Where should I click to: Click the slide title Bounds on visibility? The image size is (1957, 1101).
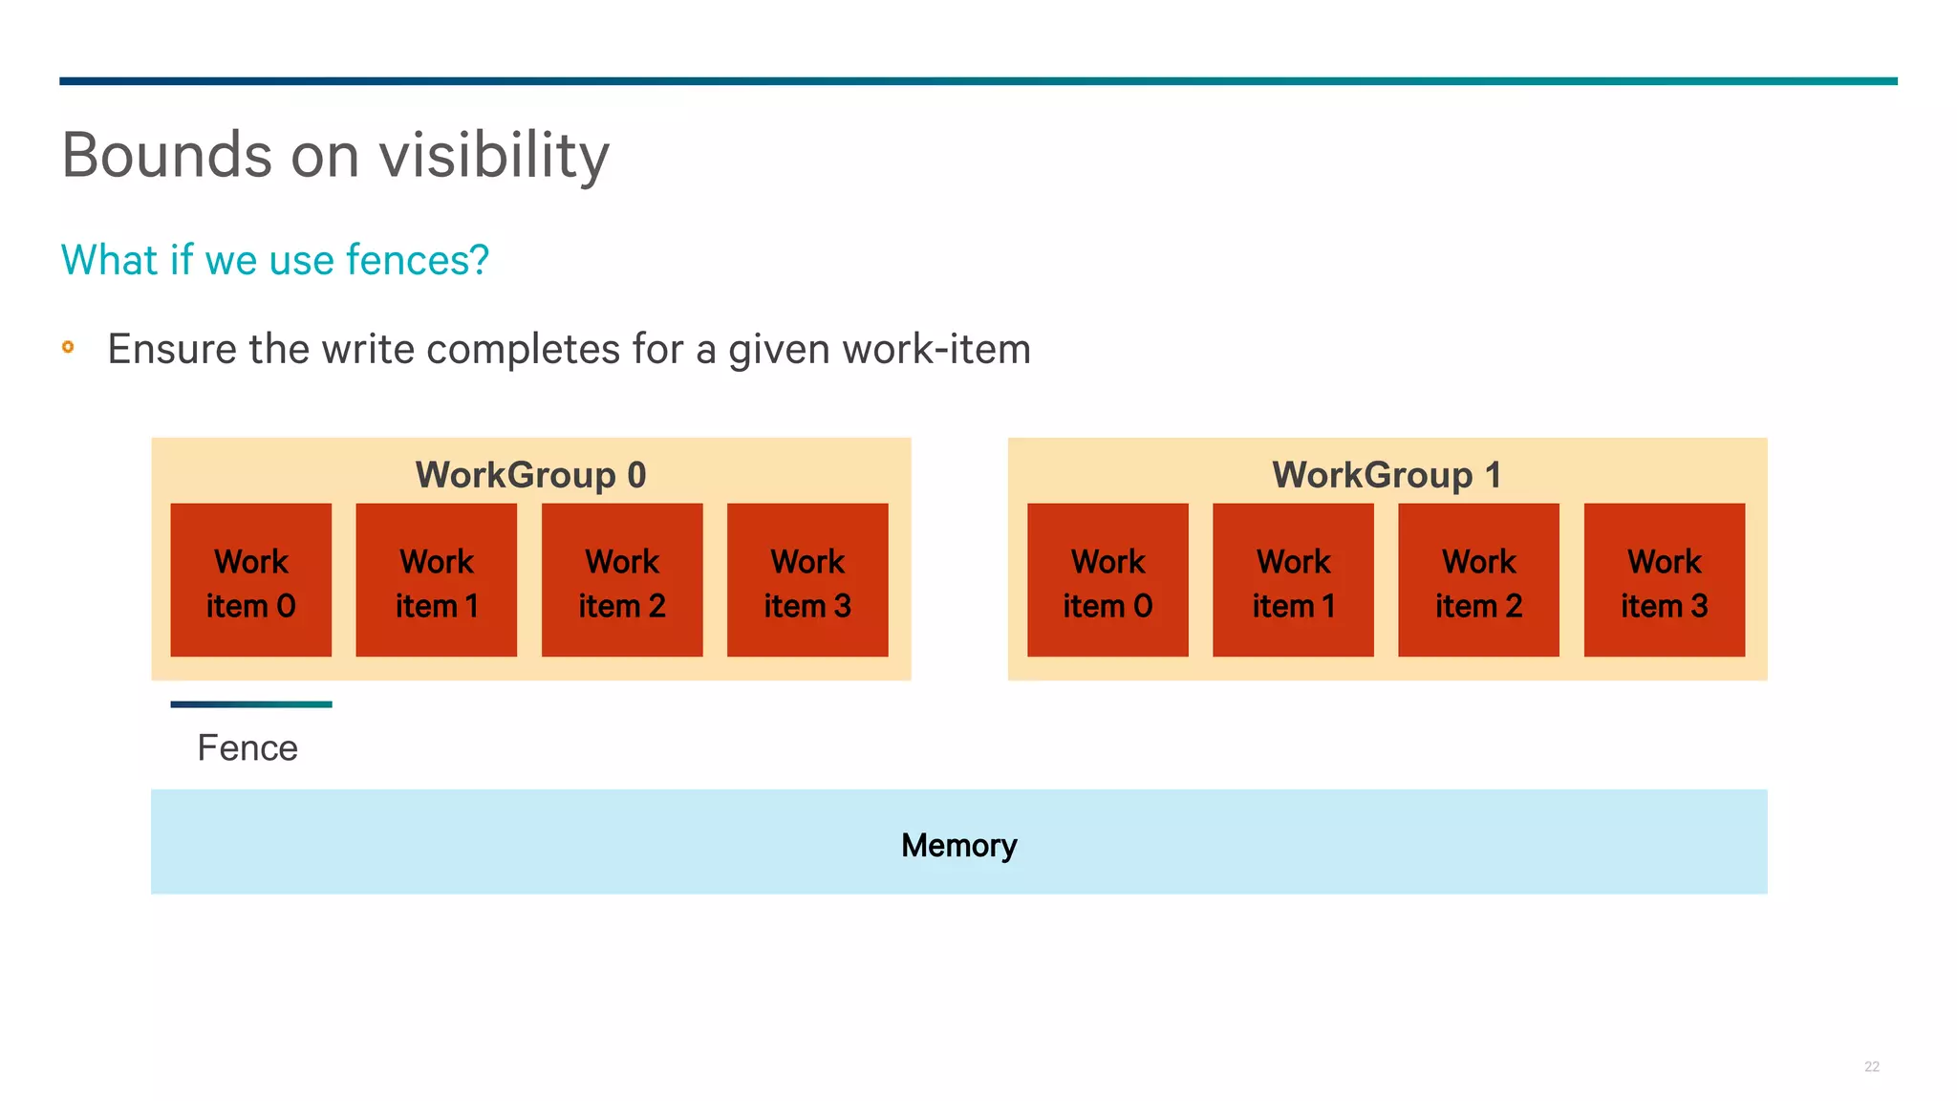[335, 155]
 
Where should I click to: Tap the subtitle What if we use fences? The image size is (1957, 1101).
[275, 260]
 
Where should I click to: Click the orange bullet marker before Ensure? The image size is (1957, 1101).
[68, 347]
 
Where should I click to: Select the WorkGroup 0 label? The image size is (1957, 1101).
[530, 475]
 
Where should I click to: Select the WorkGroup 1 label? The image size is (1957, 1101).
[1387, 475]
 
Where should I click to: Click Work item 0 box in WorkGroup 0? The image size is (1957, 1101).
[251, 581]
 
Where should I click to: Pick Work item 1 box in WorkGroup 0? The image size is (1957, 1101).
[437, 581]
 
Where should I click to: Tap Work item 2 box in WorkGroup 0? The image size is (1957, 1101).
[622, 581]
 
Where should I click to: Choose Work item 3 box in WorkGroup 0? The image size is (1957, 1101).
[807, 581]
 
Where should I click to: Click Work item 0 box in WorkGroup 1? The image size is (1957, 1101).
[1108, 581]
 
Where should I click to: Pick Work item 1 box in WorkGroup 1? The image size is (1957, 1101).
[1293, 581]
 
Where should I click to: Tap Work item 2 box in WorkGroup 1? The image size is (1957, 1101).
[1478, 581]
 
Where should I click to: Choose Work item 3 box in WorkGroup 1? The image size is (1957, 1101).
[1665, 581]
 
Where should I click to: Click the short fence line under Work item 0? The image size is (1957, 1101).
[251, 704]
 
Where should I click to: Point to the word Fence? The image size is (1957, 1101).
[247, 748]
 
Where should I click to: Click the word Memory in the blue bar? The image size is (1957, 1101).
[958, 845]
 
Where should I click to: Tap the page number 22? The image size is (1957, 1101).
[1871, 1067]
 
